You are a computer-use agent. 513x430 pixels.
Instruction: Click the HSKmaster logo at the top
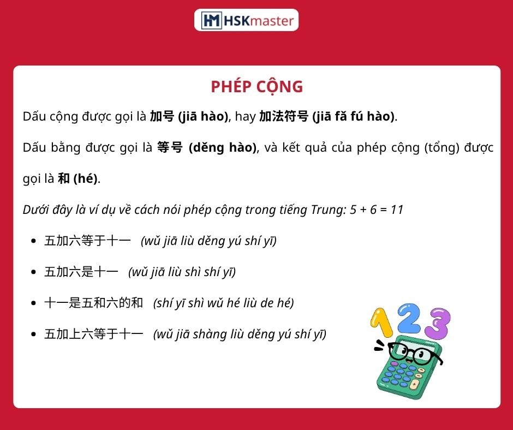246,20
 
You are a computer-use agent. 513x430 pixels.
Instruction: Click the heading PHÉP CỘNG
257,87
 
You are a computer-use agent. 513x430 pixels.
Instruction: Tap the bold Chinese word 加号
162,116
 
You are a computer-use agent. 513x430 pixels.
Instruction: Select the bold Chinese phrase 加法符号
284,116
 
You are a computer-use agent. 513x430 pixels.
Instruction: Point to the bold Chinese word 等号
170,147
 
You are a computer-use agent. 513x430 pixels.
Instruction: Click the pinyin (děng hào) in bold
223,147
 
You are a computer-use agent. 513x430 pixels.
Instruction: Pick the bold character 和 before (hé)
64,178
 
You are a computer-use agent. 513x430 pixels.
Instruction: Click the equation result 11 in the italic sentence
397,210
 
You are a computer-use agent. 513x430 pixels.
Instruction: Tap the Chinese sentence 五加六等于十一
87,241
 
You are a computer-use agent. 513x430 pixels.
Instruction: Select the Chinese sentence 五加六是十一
81,272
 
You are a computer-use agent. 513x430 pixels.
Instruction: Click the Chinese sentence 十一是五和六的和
93,303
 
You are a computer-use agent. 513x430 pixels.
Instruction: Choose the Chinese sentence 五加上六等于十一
93,334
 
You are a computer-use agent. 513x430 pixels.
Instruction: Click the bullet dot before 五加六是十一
33,272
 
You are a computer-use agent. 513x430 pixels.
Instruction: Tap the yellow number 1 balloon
381,323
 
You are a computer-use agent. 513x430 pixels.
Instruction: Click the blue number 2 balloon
409,318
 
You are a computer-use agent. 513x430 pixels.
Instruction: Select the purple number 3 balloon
439,323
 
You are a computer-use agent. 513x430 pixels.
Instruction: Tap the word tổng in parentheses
442,147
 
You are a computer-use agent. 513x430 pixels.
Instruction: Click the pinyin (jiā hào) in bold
203,116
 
